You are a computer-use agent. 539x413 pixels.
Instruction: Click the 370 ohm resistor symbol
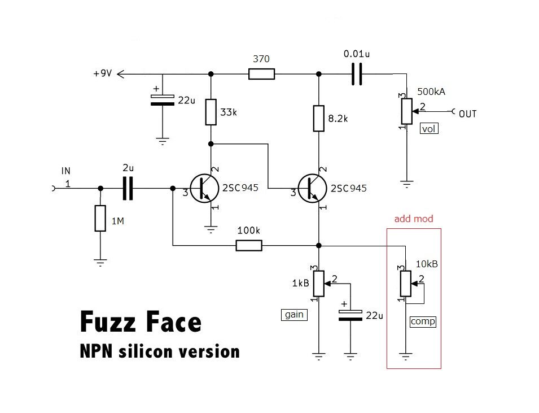(262, 73)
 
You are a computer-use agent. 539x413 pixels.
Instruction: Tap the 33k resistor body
(211, 112)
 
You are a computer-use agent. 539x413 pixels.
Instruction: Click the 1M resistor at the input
(100, 219)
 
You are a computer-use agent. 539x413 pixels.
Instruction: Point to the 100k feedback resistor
(248, 245)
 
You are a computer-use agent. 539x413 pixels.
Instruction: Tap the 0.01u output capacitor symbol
(356, 73)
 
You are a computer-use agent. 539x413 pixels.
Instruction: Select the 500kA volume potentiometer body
(406, 111)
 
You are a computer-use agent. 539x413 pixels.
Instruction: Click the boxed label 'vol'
(430, 129)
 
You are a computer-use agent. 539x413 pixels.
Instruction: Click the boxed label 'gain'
(295, 315)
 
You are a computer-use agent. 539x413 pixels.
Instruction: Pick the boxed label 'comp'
(423, 321)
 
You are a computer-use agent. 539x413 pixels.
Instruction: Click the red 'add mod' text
(414, 219)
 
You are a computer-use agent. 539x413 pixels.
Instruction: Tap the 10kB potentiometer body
(405, 284)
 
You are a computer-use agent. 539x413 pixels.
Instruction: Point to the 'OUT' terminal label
(467, 114)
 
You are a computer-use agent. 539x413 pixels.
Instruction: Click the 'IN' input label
(66, 171)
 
